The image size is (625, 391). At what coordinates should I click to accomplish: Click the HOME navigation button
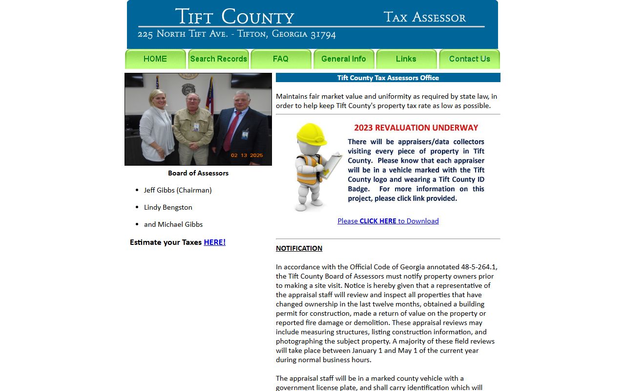coord(155,59)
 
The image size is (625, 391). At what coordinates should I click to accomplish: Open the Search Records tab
coord(218,59)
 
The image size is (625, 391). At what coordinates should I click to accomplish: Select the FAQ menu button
coord(281,59)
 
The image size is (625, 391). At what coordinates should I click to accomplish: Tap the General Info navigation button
coord(344,59)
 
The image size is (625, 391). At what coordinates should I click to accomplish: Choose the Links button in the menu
coord(406,59)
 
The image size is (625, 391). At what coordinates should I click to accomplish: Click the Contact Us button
coord(469,59)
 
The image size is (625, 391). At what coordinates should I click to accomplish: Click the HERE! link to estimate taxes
coord(214,242)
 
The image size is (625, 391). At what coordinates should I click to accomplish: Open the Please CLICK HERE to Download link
coord(388,221)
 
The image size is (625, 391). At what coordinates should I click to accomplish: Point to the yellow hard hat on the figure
coord(311,134)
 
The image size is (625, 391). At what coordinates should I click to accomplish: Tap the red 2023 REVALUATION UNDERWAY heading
coord(416,128)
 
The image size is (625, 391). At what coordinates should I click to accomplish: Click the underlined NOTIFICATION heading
coord(299,248)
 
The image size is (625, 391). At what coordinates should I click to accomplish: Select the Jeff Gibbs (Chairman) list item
coord(178,190)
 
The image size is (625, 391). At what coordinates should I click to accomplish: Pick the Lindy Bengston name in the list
coord(168,207)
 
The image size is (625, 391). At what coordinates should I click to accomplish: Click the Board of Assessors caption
coord(198,173)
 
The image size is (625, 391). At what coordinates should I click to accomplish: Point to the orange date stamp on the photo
coord(247,155)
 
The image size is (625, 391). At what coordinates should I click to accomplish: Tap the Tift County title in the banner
coord(234,17)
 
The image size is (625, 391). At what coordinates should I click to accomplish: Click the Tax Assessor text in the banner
coord(424,18)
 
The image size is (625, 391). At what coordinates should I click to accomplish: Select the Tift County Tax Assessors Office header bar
coord(388,78)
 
